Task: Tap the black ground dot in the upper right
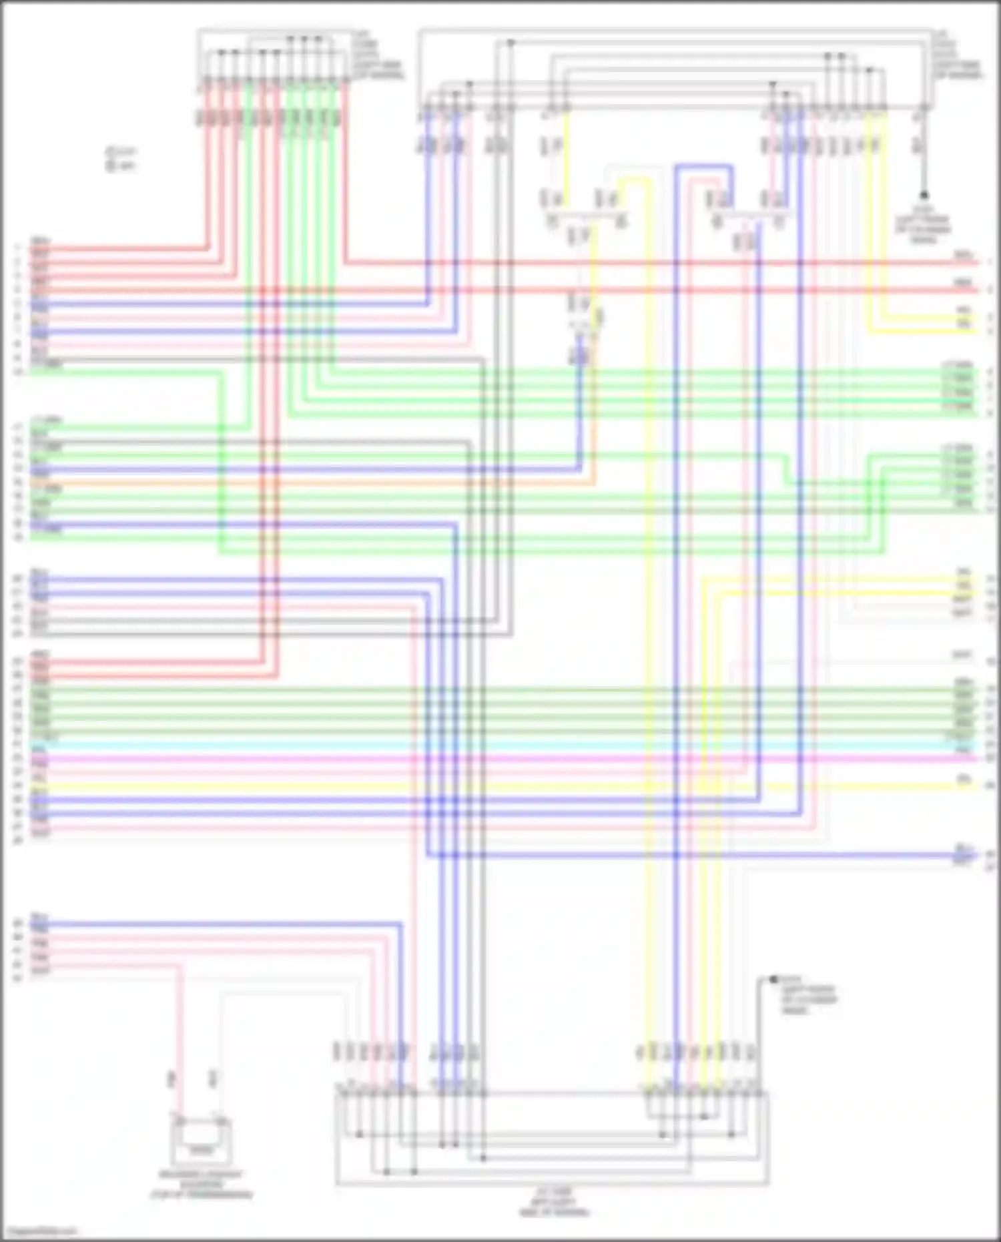924,196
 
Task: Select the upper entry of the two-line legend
120,152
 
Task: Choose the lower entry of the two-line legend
120,166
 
